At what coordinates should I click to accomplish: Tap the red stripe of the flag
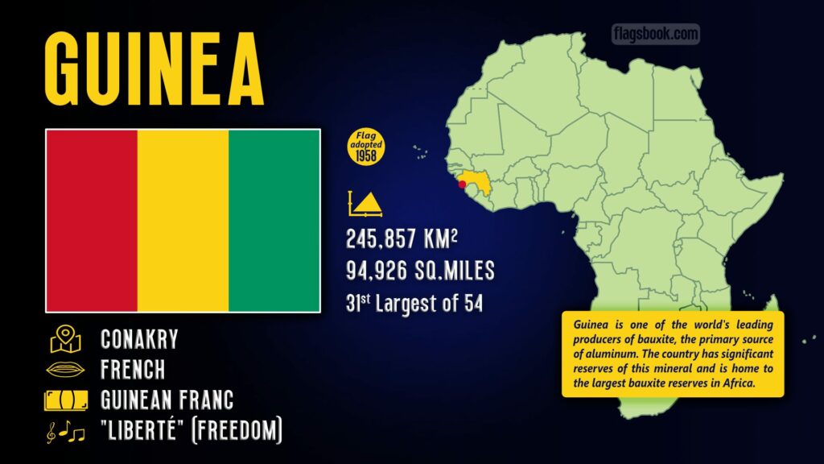[92, 220]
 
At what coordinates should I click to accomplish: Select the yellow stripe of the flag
[183, 220]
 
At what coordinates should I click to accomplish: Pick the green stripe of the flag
[274, 220]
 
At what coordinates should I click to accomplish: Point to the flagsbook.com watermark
[655, 34]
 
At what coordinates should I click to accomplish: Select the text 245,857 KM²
[406, 239]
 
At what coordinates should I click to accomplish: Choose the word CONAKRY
[139, 339]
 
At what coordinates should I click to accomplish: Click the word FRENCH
[133, 370]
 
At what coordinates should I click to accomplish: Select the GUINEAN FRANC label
[167, 400]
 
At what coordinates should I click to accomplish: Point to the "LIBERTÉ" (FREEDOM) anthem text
[192, 432]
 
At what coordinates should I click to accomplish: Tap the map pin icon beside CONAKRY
[66, 339]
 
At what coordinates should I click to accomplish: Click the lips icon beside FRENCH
[66, 370]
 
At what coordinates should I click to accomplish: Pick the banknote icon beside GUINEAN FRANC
[66, 400]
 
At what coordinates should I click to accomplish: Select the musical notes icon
[66, 433]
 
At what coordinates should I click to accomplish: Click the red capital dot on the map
[462, 184]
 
